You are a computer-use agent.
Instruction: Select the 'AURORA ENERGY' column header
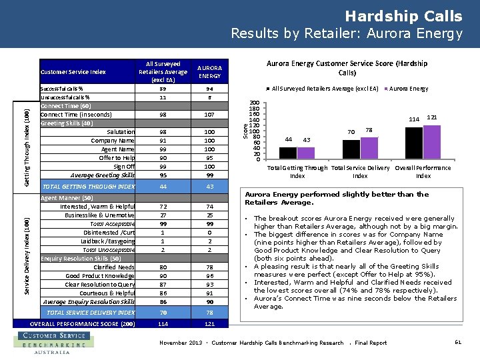tap(210, 72)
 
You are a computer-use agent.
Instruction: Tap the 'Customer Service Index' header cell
tap(73, 72)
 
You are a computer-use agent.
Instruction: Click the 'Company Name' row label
tap(113, 141)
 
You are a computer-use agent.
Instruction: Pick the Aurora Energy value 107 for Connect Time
tap(210, 114)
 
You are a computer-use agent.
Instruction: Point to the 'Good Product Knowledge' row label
tap(100, 276)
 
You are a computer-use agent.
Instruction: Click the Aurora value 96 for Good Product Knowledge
tap(210, 276)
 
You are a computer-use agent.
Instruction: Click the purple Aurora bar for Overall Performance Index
tap(432, 142)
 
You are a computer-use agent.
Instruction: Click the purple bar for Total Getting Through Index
tap(306, 153)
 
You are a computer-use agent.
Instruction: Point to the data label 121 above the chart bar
tap(431, 117)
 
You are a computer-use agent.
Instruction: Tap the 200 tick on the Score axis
tap(254, 103)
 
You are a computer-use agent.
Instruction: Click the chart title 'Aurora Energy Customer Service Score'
tap(347, 67)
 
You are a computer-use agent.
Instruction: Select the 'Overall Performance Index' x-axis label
tap(423, 172)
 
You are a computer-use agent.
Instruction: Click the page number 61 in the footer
tap(457, 343)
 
